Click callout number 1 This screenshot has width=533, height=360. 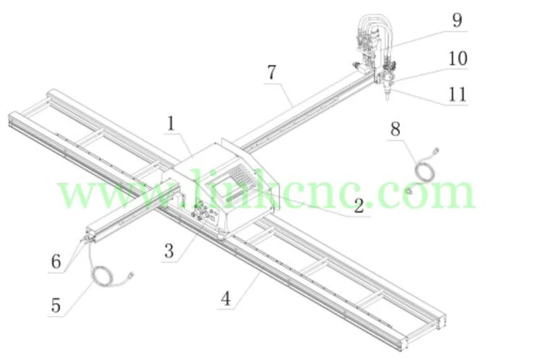171,123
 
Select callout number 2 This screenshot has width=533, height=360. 358,206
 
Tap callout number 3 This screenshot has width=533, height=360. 169,251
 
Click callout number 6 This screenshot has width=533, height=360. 55,261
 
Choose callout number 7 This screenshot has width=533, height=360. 271,72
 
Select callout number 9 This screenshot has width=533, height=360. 456,20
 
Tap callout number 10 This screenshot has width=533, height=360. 457,58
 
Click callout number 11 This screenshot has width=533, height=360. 457,94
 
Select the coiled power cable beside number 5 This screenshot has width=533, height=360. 107,277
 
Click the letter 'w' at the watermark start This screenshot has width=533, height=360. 73,194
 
